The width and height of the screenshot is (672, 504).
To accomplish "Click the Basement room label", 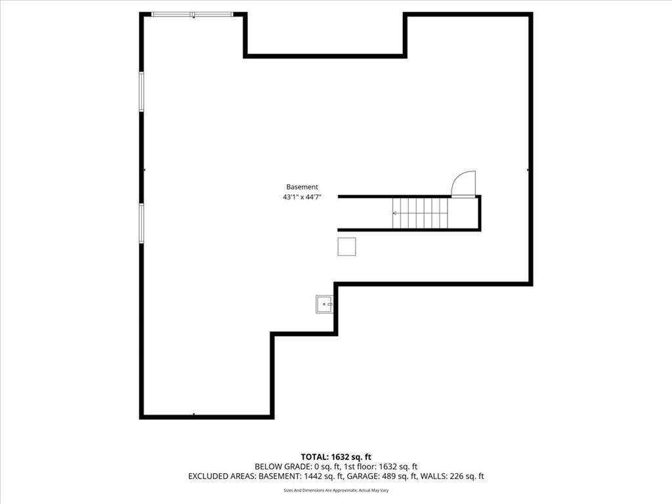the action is [302, 187].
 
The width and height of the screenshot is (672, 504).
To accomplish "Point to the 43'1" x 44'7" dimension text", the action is [302, 197].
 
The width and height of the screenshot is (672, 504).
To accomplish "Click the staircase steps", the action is [420, 213].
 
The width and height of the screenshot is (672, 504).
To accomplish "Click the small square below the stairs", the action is [346, 247].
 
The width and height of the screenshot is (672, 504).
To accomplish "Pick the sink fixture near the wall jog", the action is [324, 304].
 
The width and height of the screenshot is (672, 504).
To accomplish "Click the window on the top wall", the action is [192, 14].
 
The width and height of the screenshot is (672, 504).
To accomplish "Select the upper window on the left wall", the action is [142, 92].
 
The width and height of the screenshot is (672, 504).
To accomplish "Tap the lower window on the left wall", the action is [142, 223].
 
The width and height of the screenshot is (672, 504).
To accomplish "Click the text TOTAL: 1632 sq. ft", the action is [336, 457].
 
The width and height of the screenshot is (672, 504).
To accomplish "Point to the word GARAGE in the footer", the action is [362, 476].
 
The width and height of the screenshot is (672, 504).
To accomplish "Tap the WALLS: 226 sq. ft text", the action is [452, 476].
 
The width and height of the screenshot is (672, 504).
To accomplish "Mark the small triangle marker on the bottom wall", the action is [194, 414].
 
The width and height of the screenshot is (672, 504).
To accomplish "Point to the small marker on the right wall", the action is [528, 170].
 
